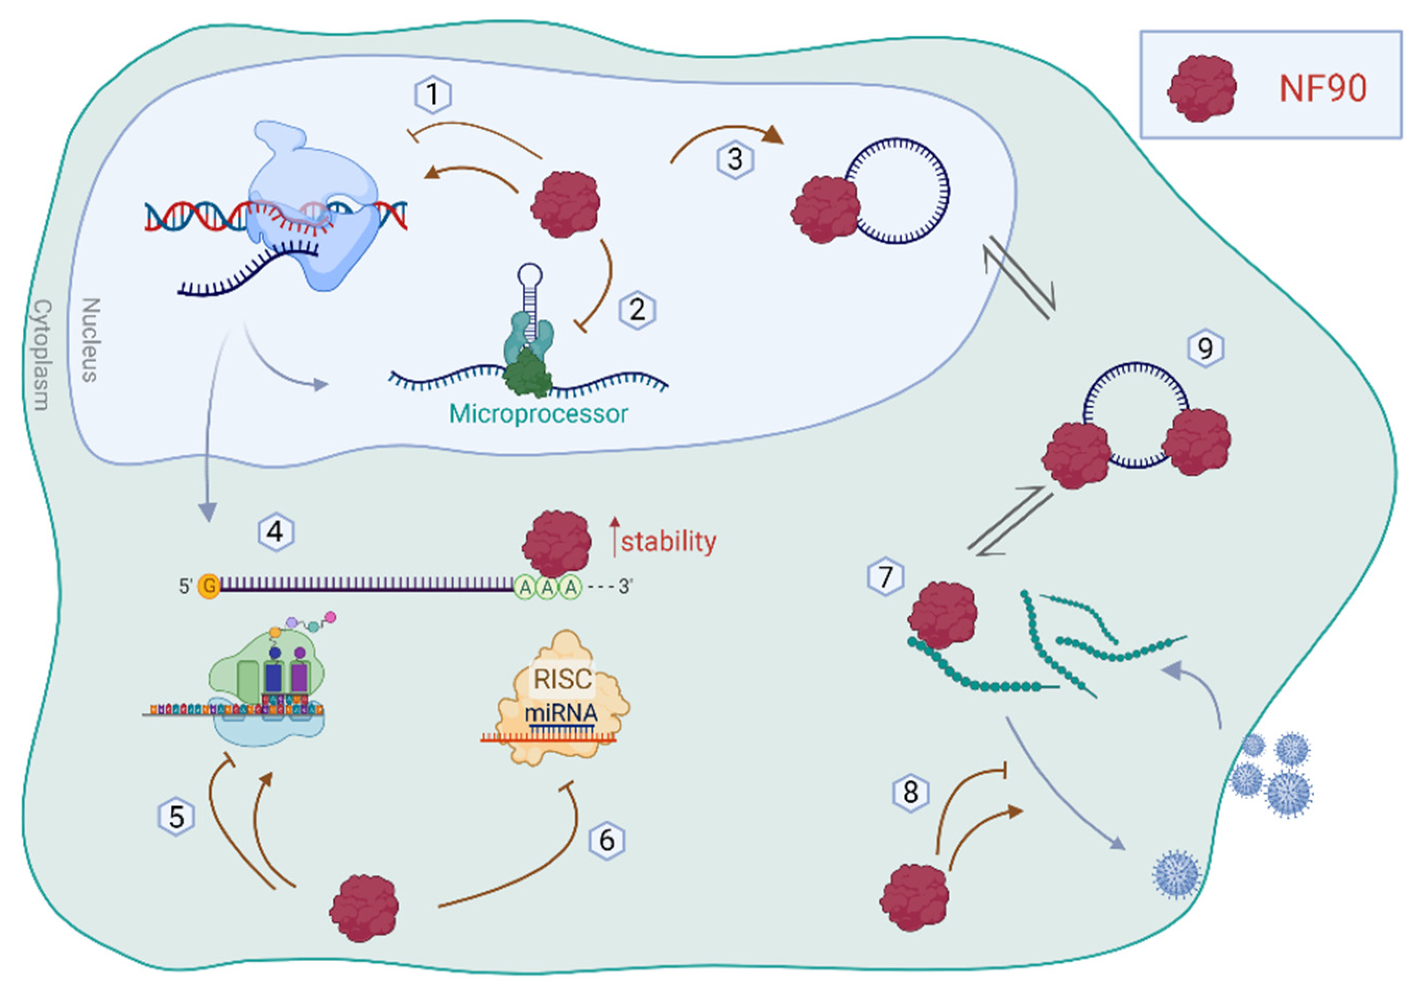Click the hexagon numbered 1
[433, 94]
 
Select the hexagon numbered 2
[637, 309]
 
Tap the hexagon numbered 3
[735, 160]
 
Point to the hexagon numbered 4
[276, 532]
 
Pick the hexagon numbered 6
[606, 841]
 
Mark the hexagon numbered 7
[886, 577]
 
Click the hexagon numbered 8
[911, 792]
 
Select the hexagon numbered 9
[1205, 349]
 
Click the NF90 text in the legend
[1322, 89]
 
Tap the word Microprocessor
[538, 413]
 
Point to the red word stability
[668, 542]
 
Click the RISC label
[562, 679]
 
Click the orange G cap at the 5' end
[209, 586]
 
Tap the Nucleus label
[91, 340]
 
